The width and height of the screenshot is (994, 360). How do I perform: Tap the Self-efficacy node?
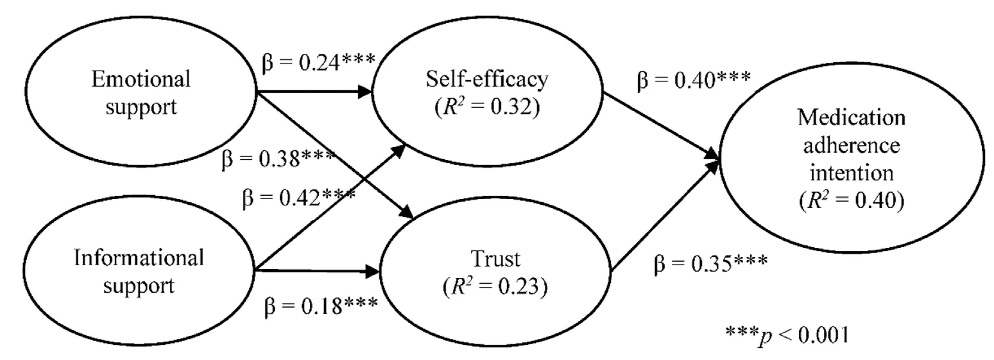click(487, 92)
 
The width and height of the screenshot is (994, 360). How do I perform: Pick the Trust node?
click(496, 272)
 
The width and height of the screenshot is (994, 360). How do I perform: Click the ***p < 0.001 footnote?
click(787, 335)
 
